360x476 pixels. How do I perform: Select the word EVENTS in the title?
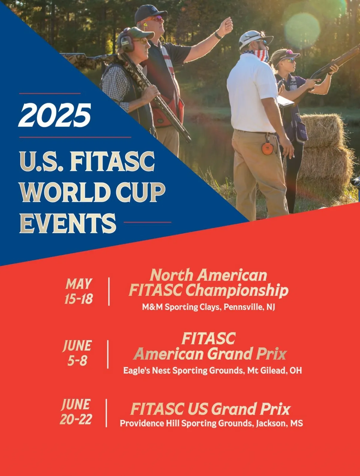(x=68, y=223)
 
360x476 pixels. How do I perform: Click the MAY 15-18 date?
(x=79, y=291)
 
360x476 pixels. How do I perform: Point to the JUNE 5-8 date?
(x=77, y=353)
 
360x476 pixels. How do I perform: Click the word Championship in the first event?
(x=237, y=291)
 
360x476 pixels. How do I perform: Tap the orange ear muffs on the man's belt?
(x=268, y=148)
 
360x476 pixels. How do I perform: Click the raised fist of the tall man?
(x=226, y=26)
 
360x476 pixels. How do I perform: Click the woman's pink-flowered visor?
(x=284, y=55)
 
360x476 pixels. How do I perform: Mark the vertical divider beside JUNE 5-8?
(x=108, y=354)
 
